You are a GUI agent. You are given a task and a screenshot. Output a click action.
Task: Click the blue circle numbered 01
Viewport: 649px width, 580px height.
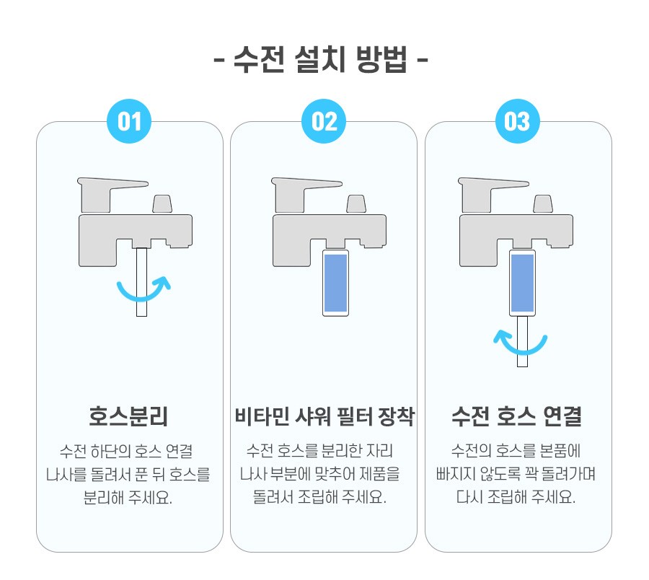point(129,121)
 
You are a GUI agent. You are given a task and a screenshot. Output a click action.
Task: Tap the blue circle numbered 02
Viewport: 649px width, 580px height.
point(324,121)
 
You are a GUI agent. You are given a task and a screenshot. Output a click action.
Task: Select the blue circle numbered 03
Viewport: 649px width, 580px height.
point(517,121)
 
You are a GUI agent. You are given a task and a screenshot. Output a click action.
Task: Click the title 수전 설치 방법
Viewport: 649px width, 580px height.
point(321,60)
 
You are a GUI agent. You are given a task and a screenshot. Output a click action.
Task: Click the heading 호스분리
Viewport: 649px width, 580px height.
point(129,416)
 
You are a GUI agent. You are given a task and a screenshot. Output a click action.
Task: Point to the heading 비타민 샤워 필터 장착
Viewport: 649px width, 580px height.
point(324,416)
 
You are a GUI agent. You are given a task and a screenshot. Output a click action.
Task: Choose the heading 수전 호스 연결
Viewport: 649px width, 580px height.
point(516,416)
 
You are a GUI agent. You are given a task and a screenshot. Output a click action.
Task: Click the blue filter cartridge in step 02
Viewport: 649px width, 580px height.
point(335,283)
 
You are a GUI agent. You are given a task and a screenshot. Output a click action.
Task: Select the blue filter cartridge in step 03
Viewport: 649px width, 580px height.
point(522,283)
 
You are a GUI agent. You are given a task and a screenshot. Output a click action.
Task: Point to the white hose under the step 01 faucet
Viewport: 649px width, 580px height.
point(141,282)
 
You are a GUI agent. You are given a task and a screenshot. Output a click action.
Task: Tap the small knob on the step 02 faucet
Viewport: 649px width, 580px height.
point(356,204)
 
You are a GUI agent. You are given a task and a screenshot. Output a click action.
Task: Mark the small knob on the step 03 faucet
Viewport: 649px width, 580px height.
point(543,204)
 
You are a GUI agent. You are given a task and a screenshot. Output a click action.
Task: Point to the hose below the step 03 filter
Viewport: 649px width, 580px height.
point(522,341)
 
